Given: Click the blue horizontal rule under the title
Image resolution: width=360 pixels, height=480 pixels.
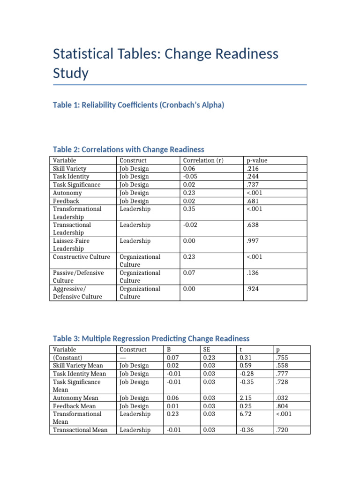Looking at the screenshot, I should coord(180,85).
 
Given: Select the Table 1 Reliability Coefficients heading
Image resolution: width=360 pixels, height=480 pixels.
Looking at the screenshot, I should coord(139,105).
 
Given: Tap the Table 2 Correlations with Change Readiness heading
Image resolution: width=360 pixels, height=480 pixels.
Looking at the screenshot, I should coord(128,150).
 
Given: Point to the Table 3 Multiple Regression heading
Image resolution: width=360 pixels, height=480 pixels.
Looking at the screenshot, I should coord(151,338).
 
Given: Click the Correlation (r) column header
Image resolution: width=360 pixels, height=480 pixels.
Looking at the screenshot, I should coord(203,160).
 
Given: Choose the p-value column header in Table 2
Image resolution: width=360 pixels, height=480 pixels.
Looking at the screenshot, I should coord(256,160).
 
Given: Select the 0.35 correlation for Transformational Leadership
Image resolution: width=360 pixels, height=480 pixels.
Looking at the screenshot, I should coord(188,209).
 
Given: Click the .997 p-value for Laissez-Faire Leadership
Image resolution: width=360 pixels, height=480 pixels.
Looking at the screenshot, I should coord(253,241).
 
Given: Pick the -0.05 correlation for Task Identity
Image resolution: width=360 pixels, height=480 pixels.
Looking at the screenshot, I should coord(189,177).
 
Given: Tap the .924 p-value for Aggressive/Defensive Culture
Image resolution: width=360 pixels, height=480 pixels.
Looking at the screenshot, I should coord(253,289).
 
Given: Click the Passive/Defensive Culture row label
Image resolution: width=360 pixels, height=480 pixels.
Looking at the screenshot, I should coord(78,277).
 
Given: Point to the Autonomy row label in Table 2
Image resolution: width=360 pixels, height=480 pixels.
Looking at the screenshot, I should coord(67,193).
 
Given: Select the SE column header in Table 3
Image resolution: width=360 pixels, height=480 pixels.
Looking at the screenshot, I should coord(206,349).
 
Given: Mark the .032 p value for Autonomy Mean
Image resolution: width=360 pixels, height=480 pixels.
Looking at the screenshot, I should coord(282,398).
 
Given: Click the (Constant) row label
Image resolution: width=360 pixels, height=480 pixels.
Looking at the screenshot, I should coord(68,357).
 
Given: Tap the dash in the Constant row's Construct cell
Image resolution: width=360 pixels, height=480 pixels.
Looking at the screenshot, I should coord(123,357).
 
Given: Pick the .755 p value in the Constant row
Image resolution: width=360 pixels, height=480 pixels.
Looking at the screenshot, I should coord(282,357).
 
